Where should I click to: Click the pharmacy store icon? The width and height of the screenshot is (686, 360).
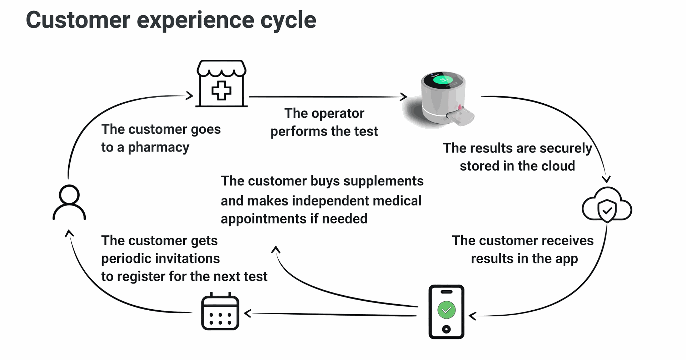coord(222,84)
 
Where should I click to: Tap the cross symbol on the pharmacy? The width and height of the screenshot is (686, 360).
coord(222,91)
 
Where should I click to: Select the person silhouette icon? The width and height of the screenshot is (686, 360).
coord(69,202)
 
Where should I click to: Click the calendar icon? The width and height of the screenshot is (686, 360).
coord(220,311)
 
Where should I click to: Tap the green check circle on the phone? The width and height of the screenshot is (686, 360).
coord(446,310)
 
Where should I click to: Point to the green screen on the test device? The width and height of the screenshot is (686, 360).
coord(443,80)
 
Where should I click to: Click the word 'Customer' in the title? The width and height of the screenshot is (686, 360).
coord(78,20)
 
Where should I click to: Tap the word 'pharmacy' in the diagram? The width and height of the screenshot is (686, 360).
coord(158,147)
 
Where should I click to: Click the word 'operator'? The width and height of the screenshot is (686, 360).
coord(338,114)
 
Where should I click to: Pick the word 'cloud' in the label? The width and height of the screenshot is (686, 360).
coord(558,166)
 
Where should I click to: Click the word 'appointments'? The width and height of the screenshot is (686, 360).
coord(263,219)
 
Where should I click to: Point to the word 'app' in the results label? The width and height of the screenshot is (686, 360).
coord(566,259)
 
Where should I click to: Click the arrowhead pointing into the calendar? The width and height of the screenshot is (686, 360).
coord(248,314)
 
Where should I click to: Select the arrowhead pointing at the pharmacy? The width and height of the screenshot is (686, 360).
coord(190,95)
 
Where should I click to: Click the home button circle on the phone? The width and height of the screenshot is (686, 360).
coord(446,329)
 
